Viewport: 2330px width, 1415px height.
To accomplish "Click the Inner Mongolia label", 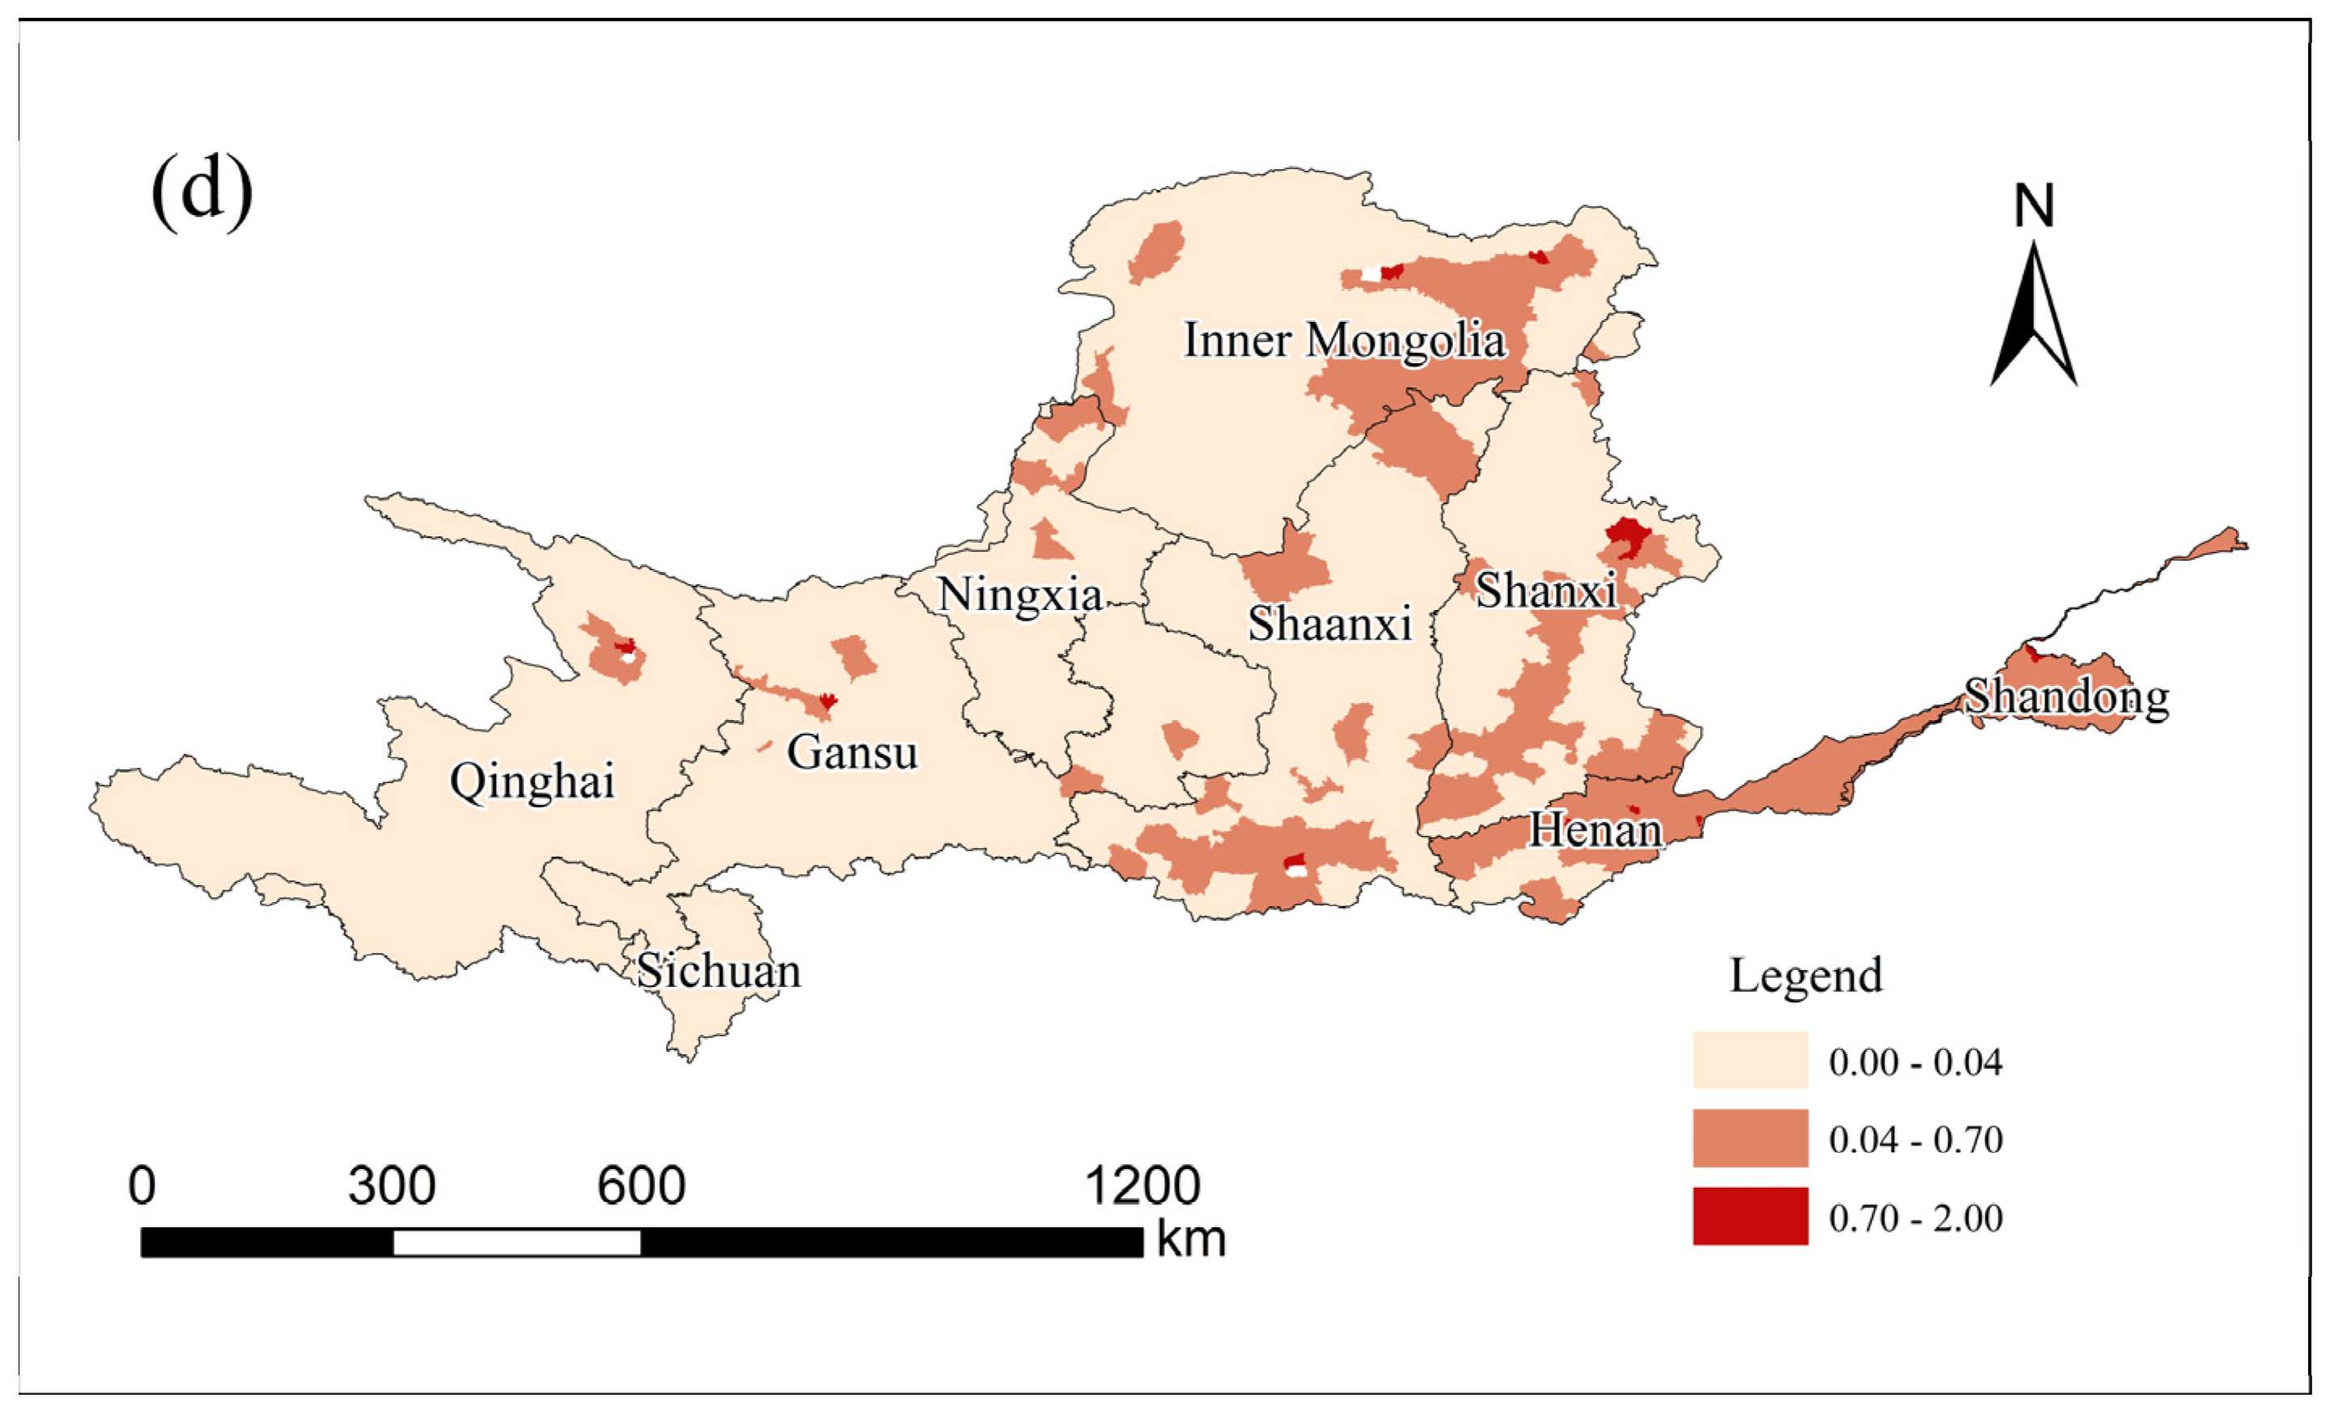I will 1344,340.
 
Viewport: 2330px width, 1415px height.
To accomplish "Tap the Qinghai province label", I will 532,782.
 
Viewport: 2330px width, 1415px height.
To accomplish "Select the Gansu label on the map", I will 852,753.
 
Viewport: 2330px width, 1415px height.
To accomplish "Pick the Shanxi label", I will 1545,591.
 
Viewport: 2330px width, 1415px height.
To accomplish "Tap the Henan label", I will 1595,830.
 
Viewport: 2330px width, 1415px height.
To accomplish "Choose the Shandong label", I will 2066,697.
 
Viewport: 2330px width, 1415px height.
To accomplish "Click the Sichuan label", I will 718,972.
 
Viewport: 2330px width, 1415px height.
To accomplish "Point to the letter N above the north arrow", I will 2033,205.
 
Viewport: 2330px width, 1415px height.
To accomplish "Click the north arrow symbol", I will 2033,317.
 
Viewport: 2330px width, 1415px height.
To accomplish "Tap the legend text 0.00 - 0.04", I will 1915,1062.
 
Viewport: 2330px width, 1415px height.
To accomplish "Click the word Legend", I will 1805,975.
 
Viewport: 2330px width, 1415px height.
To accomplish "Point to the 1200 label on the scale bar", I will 1142,1185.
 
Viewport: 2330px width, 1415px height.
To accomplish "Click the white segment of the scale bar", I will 516,1242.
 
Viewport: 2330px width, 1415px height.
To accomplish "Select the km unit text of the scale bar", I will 1191,1239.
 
